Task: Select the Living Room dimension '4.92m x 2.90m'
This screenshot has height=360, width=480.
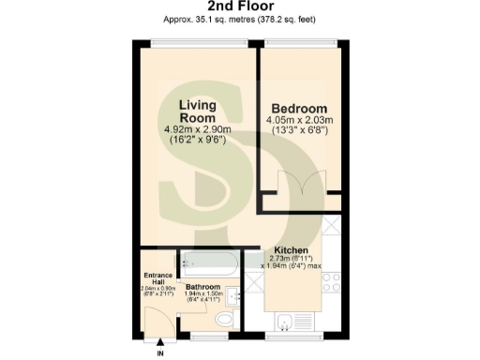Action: [x=197, y=129]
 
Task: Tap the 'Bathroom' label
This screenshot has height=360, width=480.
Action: [x=202, y=287]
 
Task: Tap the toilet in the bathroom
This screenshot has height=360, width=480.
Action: [x=222, y=322]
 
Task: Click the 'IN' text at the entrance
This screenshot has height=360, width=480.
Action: [x=159, y=352]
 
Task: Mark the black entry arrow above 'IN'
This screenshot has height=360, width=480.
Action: [x=159, y=343]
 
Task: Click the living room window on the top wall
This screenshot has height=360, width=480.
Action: [x=198, y=43]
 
